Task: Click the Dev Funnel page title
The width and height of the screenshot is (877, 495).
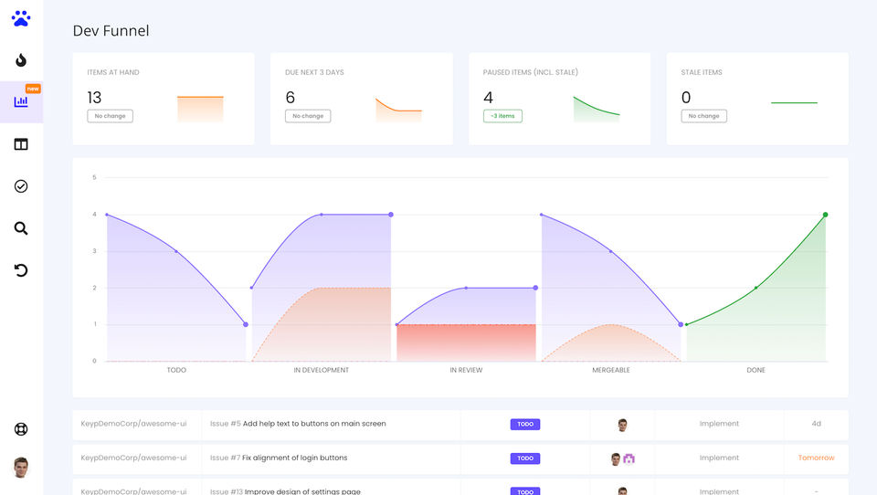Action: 111,31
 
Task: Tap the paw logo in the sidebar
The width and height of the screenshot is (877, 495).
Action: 21,18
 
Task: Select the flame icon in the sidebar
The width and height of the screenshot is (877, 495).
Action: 21,60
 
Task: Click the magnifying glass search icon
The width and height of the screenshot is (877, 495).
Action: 21,228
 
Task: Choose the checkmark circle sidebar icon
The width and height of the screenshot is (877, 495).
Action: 21,186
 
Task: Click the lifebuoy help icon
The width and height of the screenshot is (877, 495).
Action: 21,429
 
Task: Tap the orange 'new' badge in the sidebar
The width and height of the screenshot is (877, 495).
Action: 33,89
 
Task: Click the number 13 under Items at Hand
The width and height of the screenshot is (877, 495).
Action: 95,98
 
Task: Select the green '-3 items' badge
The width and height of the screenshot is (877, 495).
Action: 502,116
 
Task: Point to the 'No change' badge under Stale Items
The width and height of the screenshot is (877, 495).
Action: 703,116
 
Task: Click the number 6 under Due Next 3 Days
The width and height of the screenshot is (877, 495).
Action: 291,98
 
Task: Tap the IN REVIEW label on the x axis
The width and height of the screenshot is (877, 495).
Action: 466,370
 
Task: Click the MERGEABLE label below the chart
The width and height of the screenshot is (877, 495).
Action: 611,370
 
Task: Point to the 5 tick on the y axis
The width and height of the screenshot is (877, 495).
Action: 94,177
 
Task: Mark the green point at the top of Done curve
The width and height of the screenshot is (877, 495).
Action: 825,215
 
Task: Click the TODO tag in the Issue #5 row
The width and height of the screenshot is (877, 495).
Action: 525,424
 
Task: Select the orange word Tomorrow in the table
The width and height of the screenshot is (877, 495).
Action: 816,458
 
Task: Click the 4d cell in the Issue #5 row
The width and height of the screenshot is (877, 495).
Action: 816,424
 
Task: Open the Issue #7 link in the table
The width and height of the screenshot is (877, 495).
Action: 225,458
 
